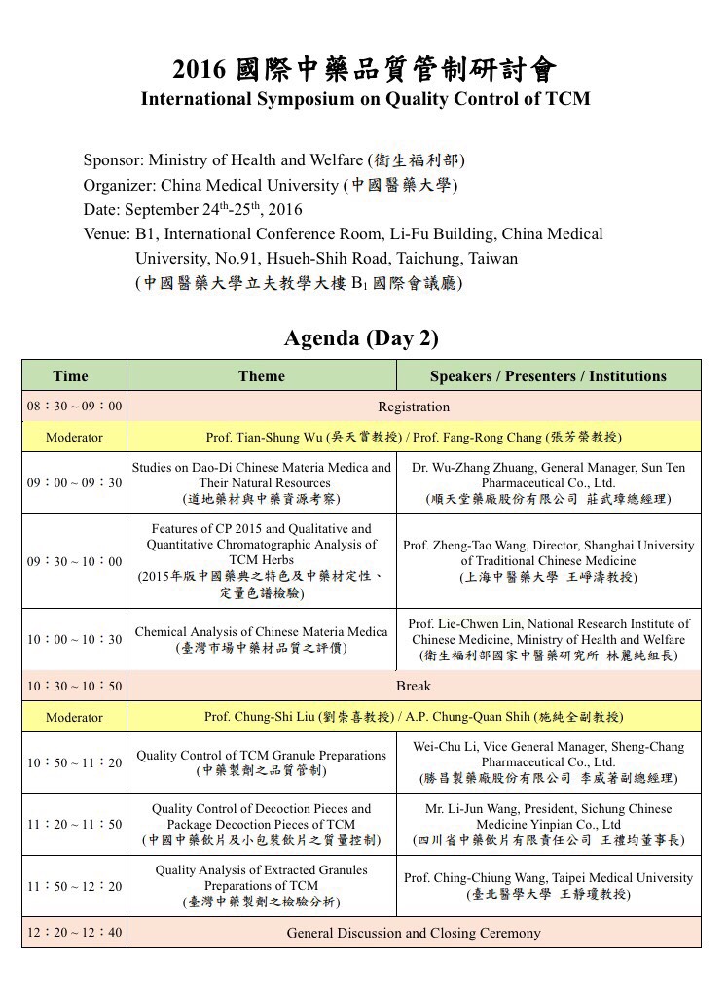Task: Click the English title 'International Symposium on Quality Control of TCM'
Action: point(365,98)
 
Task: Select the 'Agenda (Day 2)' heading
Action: point(361,337)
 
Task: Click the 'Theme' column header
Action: point(261,375)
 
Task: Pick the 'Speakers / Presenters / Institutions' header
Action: point(548,375)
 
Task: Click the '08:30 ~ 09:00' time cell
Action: point(74,407)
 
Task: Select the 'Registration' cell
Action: point(414,407)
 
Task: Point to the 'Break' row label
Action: point(414,686)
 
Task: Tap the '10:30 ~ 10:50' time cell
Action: point(74,686)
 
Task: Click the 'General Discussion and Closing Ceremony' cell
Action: point(414,933)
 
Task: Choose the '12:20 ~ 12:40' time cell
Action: point(74,933)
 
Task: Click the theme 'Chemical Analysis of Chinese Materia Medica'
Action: point(261,639)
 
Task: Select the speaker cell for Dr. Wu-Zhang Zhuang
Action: point(548,482)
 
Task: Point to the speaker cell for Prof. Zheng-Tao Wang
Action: point(548,561)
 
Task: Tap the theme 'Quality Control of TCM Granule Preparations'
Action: point(261,762)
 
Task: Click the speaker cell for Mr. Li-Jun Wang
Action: point(548,824)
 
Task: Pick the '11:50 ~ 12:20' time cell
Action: point(74,886)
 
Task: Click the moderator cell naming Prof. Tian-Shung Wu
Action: point(414,437)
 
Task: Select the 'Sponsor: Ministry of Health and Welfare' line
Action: point(273,159)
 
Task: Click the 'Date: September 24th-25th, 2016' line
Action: point(193,209)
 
